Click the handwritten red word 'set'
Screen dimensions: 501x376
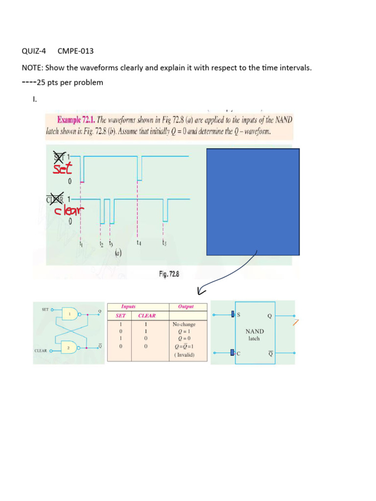tap(62, 169)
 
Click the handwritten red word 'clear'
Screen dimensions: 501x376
tap(69, 210)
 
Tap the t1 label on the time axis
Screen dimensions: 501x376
tap(81, 243)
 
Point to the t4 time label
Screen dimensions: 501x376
tap(139, 242)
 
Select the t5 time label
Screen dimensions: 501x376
tap(165, 242)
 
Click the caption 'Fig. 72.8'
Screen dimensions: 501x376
tap(169, 274)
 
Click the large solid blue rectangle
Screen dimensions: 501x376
tap(253, 202)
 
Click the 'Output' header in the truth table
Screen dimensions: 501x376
tap(186, 306)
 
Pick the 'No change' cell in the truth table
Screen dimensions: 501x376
tap(184, 324)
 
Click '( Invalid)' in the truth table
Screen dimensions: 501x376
tap(184, 355)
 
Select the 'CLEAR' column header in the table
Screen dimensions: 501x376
tap(147, 316)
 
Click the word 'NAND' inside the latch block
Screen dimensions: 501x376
tap(254, 331)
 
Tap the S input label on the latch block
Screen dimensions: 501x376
tap(239, 315)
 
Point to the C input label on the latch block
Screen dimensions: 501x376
tap(239, 353)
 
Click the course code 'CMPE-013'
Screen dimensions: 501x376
tap(75, 51)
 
